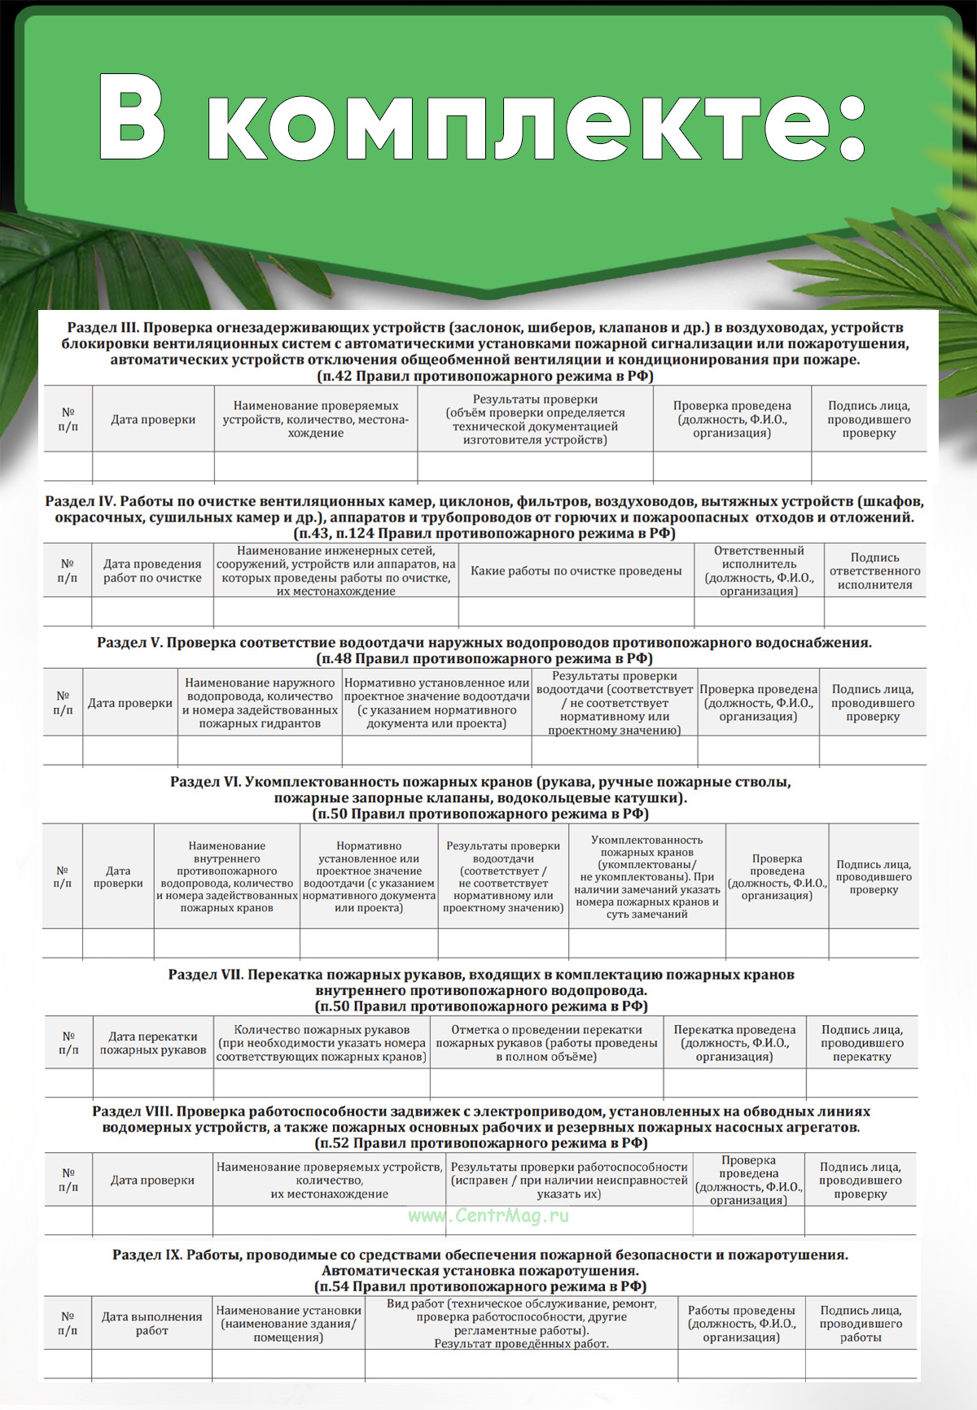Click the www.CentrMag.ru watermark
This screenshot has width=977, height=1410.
click(488, 1216)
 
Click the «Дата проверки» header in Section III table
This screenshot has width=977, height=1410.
click(153, 420)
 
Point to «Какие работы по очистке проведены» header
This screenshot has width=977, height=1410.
click(576, 571)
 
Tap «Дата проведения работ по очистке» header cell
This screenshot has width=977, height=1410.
click(152, 571)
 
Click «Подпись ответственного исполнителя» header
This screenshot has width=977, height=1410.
click(874, 571)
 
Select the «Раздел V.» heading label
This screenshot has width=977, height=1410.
click(130, 643)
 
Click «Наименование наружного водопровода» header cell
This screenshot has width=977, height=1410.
click(260, 703)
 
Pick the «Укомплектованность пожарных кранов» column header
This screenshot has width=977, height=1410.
click(646, 877)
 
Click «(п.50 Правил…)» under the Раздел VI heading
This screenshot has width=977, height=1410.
click(480, 814)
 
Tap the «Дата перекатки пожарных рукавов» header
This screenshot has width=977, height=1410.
click(153, 1043)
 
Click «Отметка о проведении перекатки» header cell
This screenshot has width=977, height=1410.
click(546, 1043)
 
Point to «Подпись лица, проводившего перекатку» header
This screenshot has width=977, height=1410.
click(861, 1043)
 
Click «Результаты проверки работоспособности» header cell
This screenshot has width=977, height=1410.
click(569, 1181)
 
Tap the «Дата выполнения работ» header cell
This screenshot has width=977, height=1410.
click(152, 1324)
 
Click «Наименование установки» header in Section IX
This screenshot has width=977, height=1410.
click(288, 1324)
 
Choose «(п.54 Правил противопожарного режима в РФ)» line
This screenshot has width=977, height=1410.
click(480, 1286)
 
